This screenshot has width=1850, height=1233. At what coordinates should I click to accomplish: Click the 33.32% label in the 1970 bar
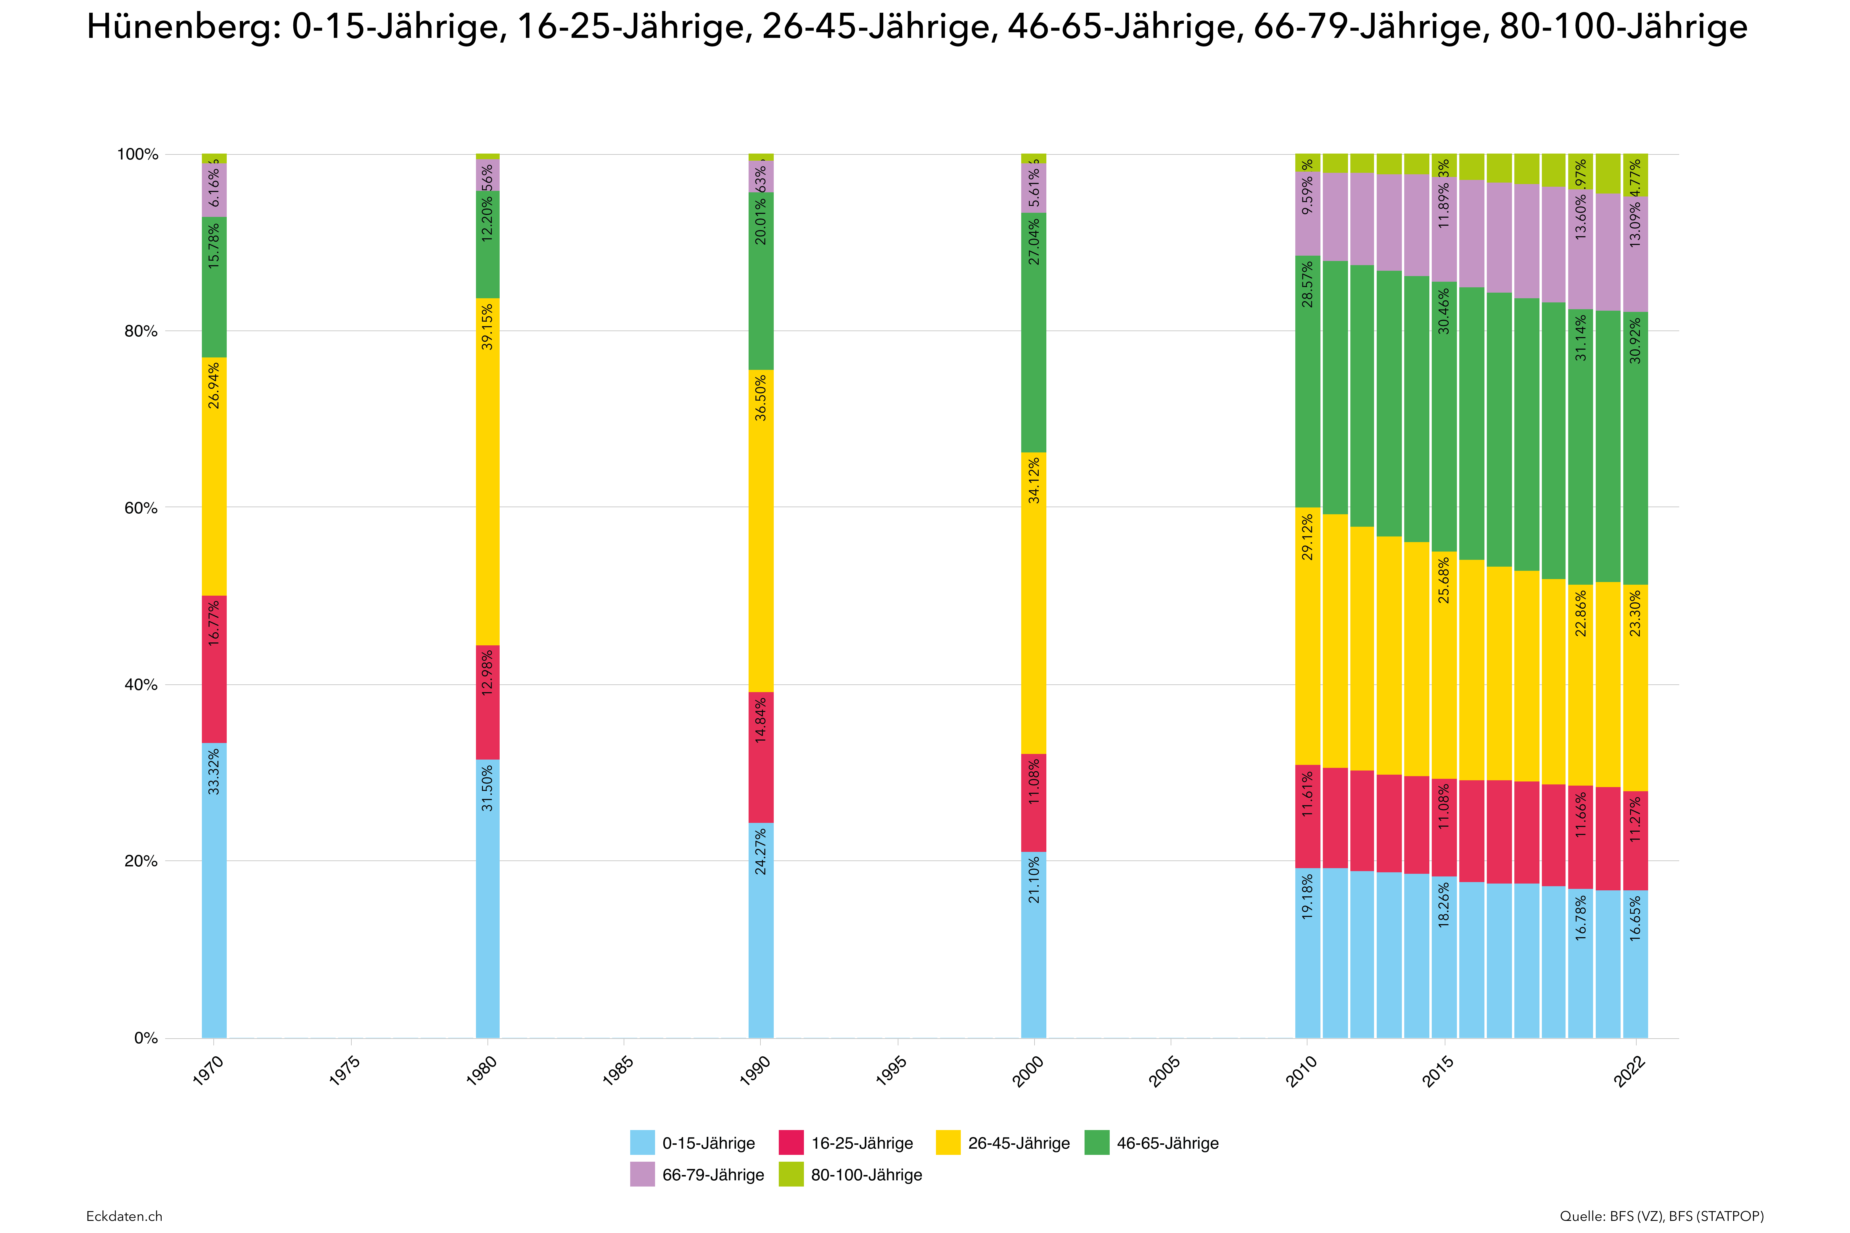pyautogui.click(x=214, y=771)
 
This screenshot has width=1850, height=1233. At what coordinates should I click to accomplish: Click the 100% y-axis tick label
pyautogui.click(x=138, y=154)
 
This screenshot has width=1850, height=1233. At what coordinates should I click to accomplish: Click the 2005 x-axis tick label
pyautogui.click(x=1165, y=1071)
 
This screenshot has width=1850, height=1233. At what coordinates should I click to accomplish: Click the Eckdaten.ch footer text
pyautogui.click(x=124, y=1216)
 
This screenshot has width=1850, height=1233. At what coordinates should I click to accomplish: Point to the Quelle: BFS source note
pyautogui.click(x=1661, y=1216)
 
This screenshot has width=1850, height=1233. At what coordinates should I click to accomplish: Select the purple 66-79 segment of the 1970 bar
pyautogui.click(x=214, y=189)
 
